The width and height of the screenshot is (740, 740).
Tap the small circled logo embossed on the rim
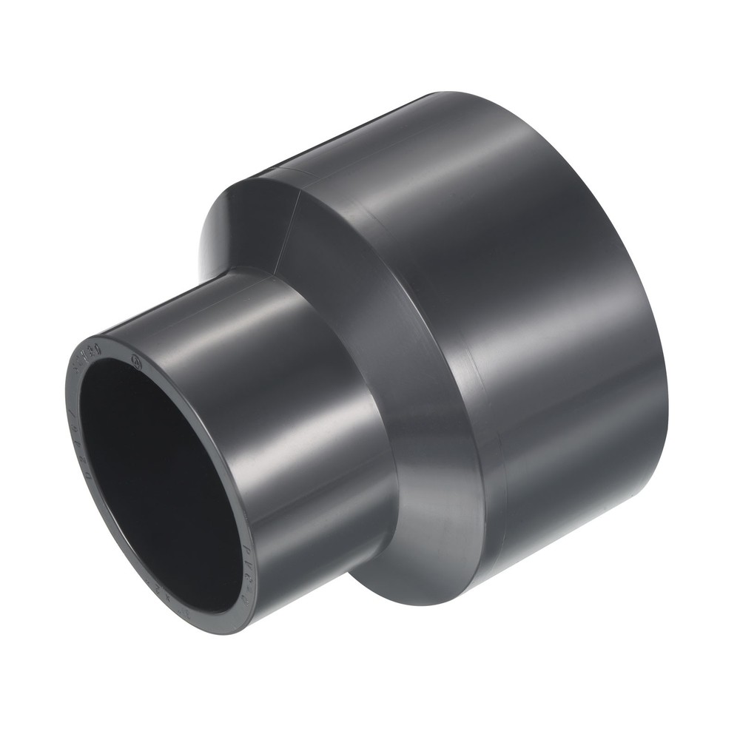[135, 363]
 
